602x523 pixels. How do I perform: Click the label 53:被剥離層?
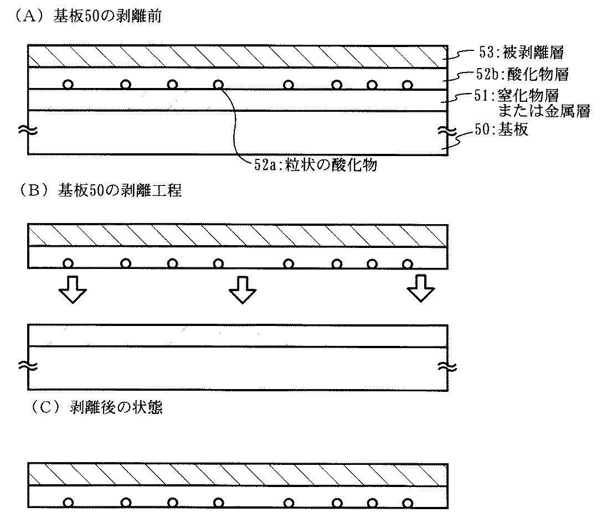click(521, 52)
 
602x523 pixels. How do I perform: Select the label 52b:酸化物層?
click(522, 74)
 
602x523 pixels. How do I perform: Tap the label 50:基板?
click(501, 130)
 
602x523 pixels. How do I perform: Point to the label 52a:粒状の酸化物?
click(316, 164)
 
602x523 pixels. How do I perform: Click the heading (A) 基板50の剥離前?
click(88, 16)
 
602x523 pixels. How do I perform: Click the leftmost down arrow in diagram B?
click(73, 289)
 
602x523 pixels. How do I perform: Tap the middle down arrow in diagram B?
click(243, 289)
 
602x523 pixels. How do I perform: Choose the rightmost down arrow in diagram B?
click(421, 288)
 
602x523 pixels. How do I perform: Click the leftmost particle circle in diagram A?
click(68, 84)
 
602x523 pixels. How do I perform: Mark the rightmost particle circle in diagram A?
click(408, 85)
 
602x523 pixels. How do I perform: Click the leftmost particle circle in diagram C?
click(68, 503)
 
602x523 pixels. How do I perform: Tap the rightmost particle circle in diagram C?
click(408, 503)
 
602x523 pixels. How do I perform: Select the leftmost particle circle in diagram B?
click(68, 263)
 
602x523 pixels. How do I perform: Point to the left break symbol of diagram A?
click(28, 131)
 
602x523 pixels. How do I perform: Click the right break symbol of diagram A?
click(447, 132)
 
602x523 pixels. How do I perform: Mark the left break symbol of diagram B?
click(28, 367)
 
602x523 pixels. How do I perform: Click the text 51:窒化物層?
click(516, 96)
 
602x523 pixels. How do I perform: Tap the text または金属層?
click(544, 111)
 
